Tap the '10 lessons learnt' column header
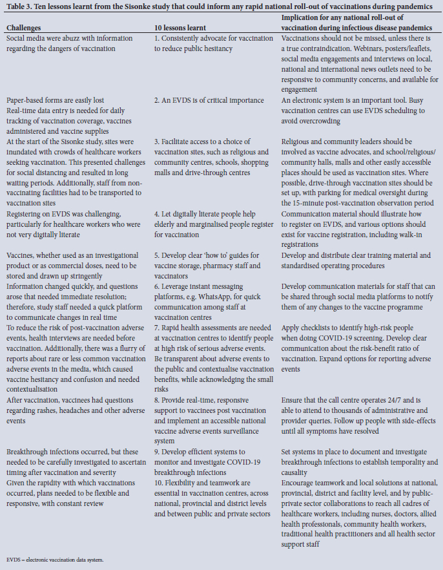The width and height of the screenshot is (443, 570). point(180,28)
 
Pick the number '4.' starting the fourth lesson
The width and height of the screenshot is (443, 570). point(157,214)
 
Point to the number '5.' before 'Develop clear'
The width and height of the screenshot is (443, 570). point(157,256)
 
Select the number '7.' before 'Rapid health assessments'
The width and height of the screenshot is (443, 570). point(157,328)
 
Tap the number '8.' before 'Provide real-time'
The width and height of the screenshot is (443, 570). point(157,400)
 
